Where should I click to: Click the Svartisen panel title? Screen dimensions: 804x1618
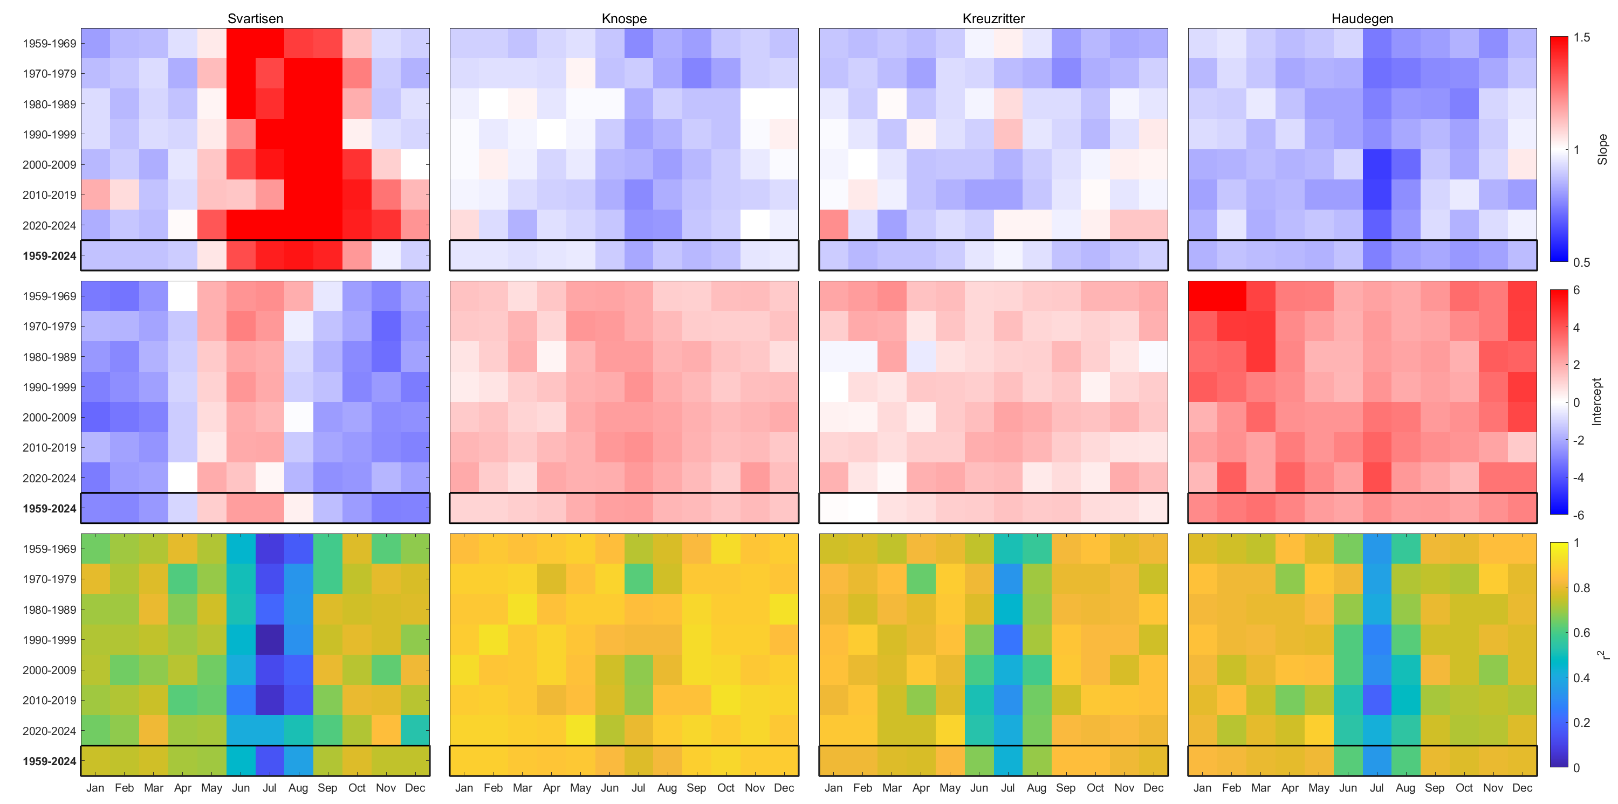[x=255, y=19]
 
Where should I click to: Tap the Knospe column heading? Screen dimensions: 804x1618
[x=623, y=19]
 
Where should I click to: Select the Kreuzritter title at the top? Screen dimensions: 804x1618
[x=993, y=19]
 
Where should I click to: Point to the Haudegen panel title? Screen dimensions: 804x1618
[x=1362, y=19]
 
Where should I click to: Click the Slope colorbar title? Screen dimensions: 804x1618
[x=1602, y=149]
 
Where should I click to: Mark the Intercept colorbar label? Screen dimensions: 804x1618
[x=1596, y=401]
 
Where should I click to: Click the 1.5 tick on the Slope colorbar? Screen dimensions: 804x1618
[x=1581, y=38]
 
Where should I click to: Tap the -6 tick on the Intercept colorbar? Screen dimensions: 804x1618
[x=1578, y=515]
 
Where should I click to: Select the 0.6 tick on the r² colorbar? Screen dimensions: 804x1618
[x=1581, y=633]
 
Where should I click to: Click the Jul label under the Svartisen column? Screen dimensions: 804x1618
[x=270, y=788]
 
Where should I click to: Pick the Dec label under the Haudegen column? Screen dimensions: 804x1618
[x=1522, y=788]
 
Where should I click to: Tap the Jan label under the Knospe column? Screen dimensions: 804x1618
[x=464, y=788]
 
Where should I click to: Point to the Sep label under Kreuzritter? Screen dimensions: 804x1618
[x=1065, y=788]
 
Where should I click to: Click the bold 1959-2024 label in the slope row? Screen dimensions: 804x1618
[x=49, y=256]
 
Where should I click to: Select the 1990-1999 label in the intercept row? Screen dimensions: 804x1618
[x=49, y=387]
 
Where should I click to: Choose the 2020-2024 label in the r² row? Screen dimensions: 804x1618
[x=49, y=731]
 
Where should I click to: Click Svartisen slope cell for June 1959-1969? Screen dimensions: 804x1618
[x=241, y=43]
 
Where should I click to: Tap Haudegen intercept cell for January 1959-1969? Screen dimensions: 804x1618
[x=1202, y=296]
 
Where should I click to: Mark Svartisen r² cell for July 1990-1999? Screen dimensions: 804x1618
[x=270, y=640]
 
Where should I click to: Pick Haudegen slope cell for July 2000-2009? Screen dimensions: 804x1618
[x=1377, y=164]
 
